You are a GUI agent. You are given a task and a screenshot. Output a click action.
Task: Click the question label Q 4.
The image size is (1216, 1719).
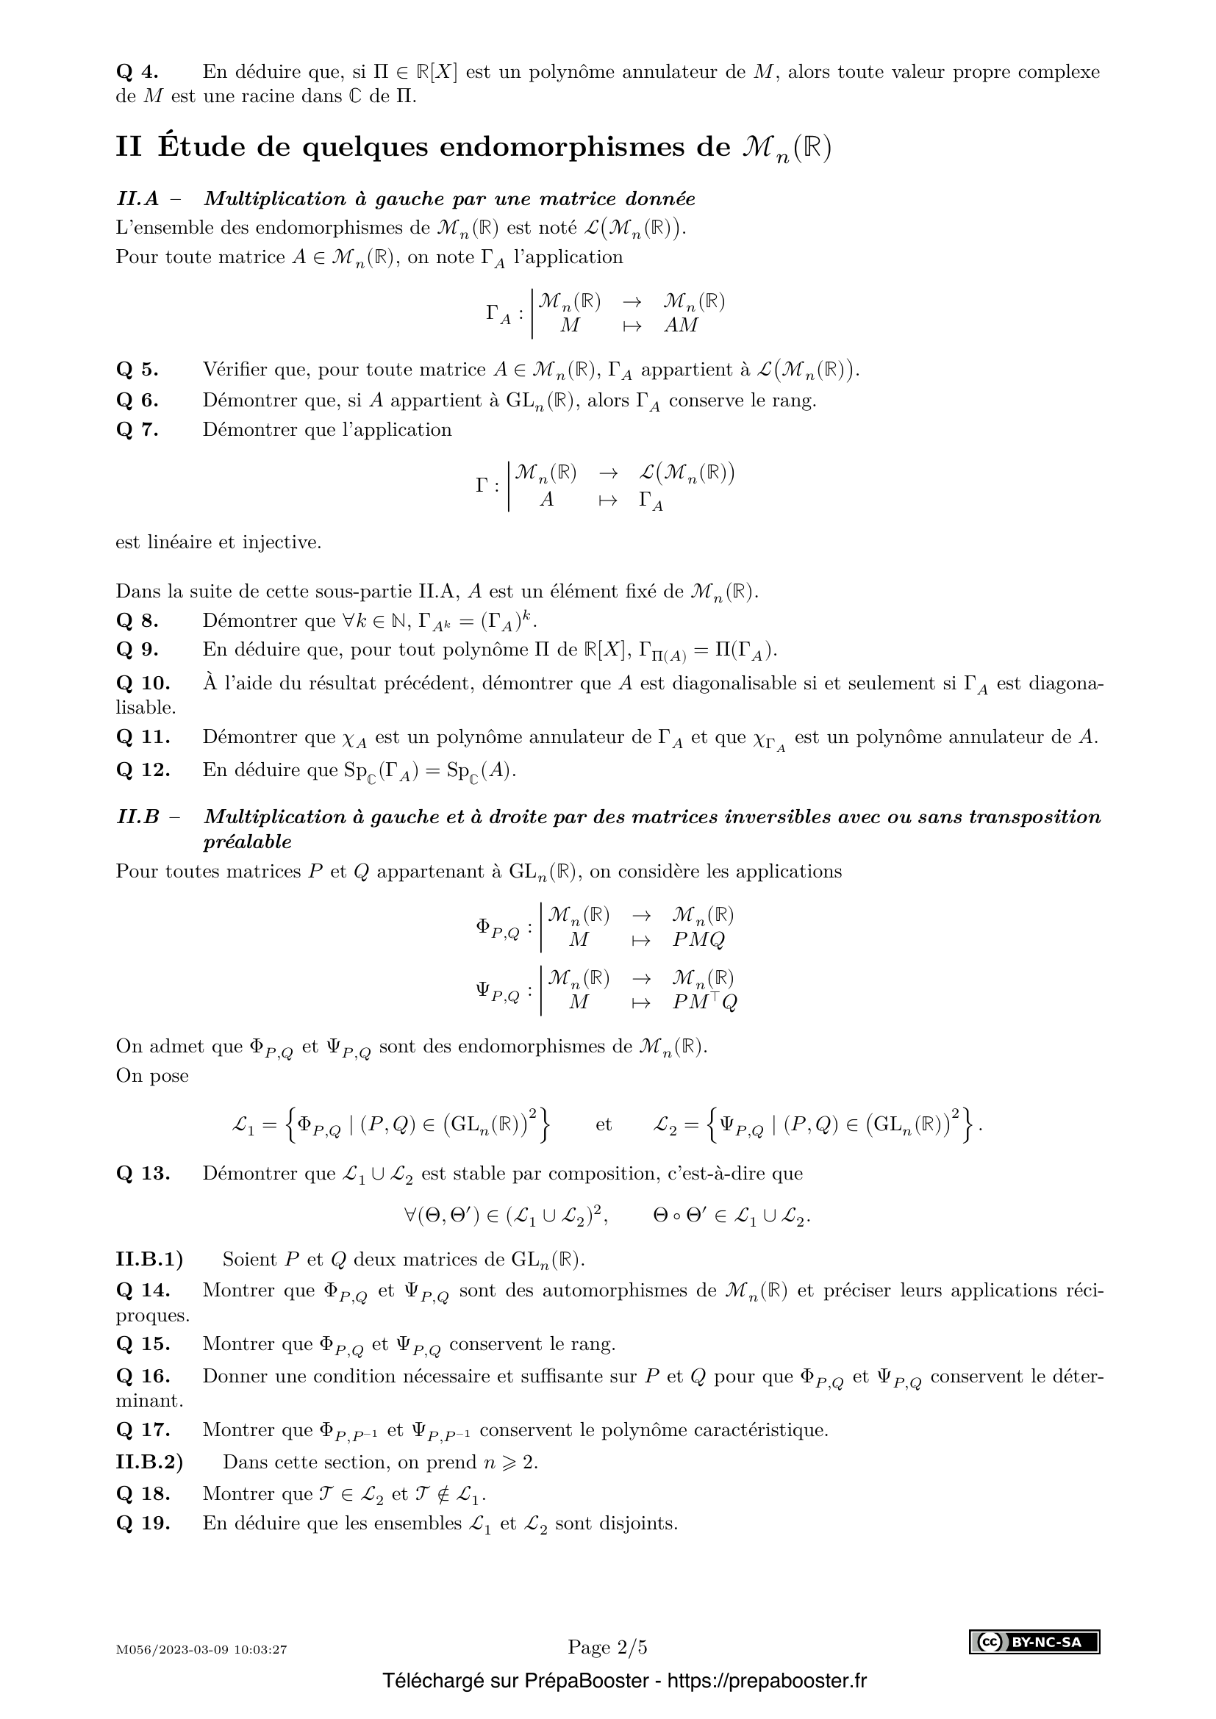(x=137, y=72)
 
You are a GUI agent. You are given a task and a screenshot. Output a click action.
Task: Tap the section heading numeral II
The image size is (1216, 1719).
(x=128, y=147)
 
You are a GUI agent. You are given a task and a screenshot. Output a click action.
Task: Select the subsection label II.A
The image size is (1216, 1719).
(x=137, y=199)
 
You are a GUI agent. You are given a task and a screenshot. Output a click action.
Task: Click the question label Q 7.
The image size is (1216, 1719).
(x=137, y=430)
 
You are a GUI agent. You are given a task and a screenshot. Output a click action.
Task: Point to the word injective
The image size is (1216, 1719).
(x=281, y=542)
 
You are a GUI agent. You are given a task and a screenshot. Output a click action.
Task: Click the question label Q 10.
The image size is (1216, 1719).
(x=143, y=683)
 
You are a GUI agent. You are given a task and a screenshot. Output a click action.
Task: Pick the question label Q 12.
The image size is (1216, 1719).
(x=143, y=769)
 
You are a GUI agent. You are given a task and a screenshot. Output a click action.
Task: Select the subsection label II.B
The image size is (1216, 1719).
(x=137, y=817)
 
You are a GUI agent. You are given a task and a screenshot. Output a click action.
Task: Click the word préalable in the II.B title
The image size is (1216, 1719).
(x=247, y=841)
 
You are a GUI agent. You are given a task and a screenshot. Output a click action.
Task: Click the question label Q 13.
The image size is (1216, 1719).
(x=143, y=1173)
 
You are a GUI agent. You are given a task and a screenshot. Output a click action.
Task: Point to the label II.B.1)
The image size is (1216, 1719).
(x=149, y=1260)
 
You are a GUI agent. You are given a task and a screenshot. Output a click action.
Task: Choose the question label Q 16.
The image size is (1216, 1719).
(x=143, y=1376)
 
